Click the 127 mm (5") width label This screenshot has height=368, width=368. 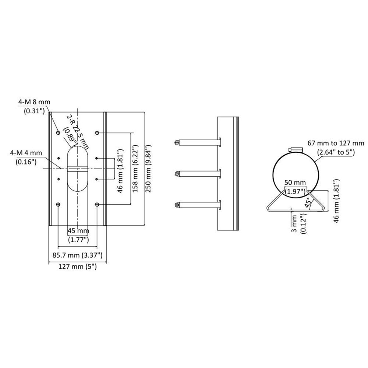click(x=78, y=268)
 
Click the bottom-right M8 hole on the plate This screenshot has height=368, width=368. click(x=97, y=204)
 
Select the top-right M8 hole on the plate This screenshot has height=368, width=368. click(x=97, y=132)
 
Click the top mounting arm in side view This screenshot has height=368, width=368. click(x=197, y=142)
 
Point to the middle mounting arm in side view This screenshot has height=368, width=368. click(x=197, y=173)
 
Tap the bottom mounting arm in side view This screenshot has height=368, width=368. click(x=197, y=204)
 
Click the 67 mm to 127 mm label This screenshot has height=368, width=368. click(x=335, y=146)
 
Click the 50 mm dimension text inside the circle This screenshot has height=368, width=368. click(x=294, y=186)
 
